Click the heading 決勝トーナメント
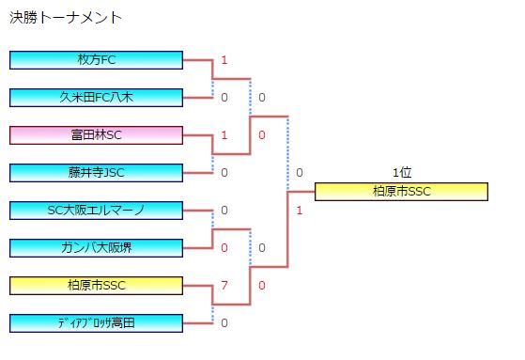click(67, 18)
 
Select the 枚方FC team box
click(96, 60)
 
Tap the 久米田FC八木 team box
click(96, 97)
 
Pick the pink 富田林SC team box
click(96, 135)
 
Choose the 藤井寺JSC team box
click(96, 172)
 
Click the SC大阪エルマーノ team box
click(96, 211)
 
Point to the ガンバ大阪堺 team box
click(96, 247)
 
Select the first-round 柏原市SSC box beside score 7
click(96, 285)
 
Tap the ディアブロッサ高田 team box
click(96, 322)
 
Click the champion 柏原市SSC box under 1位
click(401, 192)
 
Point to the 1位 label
click(402, 173)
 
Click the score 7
click(224, 285)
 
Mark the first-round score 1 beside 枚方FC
click(224, 60)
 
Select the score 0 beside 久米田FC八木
click(224, 97)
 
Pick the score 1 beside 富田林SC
click(224, 135)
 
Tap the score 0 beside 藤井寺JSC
click(224, 172)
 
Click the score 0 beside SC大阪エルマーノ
click(224, 211)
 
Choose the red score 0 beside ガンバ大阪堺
click(224, 247)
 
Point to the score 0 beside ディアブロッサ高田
click(224, 322)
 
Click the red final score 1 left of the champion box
click(299, 210)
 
